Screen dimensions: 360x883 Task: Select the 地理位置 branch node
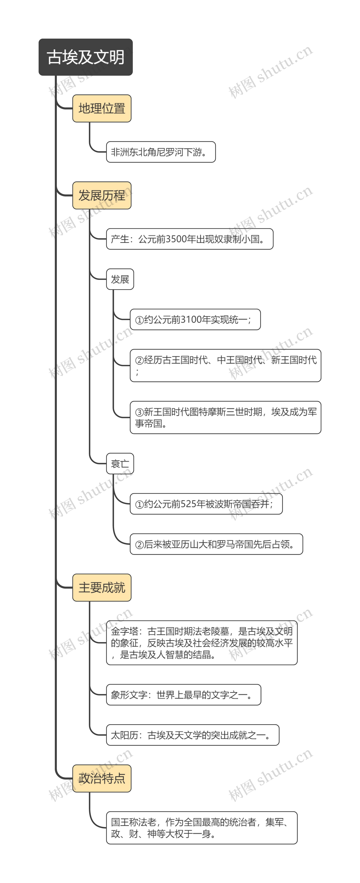102,108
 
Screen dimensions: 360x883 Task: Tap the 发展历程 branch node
102,195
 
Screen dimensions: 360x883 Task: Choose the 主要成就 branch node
102,588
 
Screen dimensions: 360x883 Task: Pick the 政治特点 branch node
102,779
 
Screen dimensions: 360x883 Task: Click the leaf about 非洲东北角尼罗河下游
160,152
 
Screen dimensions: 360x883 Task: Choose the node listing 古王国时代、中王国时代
225,365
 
